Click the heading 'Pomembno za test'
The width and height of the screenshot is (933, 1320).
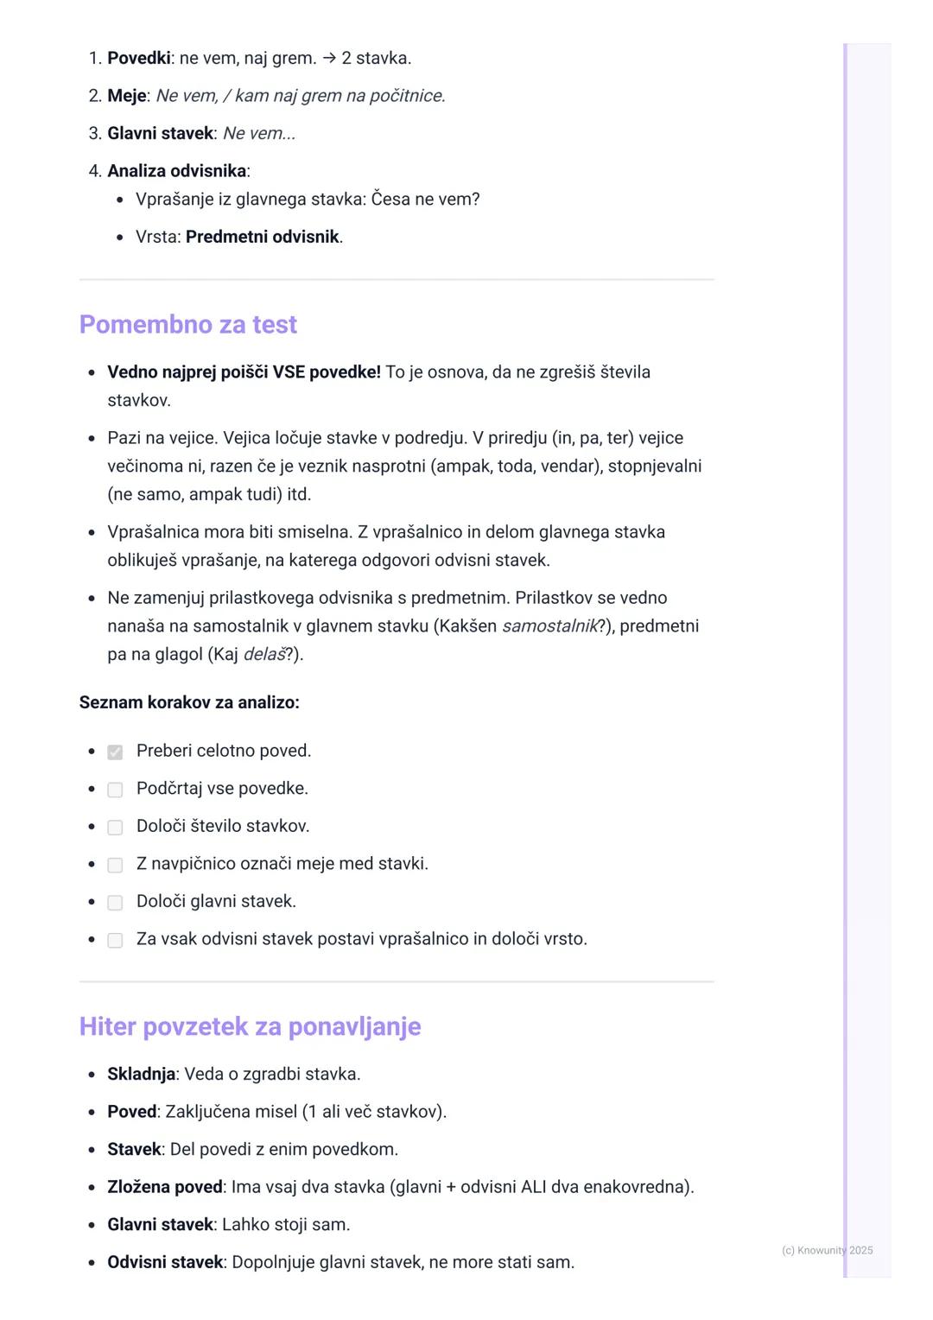187,325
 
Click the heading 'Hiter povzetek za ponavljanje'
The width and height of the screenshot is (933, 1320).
250,1027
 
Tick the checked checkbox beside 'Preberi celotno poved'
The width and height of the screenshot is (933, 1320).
115,752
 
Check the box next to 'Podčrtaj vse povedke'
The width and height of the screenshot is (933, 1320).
115,790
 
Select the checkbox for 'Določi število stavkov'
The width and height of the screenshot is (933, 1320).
115,828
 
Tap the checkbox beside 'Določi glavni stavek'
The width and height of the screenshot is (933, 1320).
115,903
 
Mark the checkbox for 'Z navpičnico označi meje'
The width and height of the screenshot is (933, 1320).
115,865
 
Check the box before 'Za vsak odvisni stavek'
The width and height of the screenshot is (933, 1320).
115,940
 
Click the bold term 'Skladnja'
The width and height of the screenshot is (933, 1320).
141,1075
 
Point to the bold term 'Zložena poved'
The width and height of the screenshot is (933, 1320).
164,1187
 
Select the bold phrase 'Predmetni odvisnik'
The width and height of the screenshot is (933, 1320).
262,237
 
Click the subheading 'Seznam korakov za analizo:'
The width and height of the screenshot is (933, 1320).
189,702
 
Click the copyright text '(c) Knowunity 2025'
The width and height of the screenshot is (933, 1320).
827,1250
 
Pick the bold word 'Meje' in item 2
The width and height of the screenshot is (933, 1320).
126,96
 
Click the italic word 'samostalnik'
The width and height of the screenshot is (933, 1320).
549,626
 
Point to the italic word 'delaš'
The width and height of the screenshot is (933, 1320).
263,655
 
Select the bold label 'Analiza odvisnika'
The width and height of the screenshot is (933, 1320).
176,171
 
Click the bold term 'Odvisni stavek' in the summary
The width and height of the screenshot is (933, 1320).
165,1262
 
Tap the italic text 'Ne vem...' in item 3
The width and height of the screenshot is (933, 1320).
259,134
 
